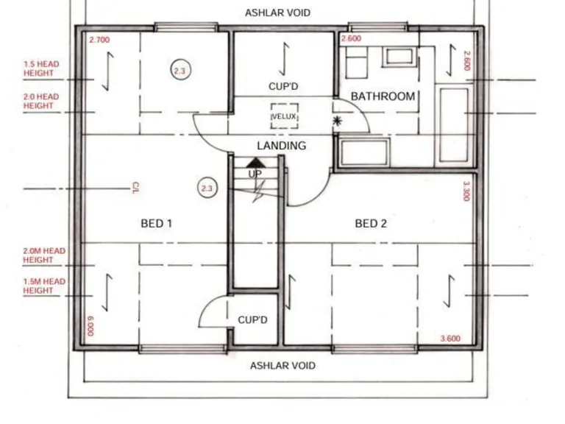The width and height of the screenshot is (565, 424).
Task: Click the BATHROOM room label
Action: coord(383,96)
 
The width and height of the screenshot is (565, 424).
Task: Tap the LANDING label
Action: coord(281,146)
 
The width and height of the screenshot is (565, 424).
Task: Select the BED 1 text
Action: coord(156,224)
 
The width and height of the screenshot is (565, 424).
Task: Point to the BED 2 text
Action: coord(371,224)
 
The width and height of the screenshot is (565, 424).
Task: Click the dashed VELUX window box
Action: coord(284,116)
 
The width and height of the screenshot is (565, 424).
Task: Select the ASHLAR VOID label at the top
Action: coord(277,13)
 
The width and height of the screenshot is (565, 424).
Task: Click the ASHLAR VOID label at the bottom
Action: coord(282,366)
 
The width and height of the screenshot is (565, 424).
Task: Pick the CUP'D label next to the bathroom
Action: coord(283,87)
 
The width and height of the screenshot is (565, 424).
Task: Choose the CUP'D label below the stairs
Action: coord(252,320)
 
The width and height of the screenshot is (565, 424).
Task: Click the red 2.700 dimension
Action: coord(99,40)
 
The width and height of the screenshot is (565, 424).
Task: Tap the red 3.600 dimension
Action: coord(450,339)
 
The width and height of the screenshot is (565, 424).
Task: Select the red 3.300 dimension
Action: coord(466,191)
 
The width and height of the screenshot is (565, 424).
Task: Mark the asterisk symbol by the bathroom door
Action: coord(338,121)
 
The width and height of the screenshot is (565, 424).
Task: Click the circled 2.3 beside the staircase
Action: coord(207,189)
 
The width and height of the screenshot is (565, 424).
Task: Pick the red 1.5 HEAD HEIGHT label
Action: coord(41,68)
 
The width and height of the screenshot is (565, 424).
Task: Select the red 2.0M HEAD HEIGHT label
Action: coord(43,255)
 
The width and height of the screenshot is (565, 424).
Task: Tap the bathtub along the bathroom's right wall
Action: coord(453,125)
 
